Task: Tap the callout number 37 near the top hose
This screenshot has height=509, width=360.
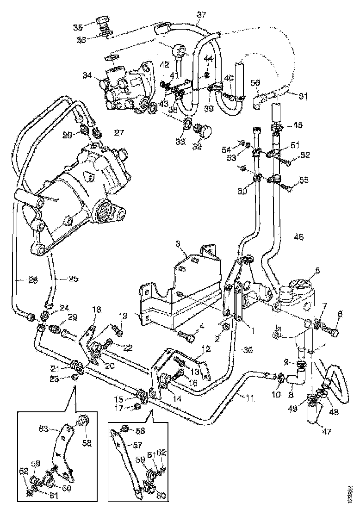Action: pyautogui.click(x=201, y=15)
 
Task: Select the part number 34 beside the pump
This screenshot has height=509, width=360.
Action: pyautogui.click(x=87, y=74)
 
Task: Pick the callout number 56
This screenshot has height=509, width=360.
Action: pyautogui.click(x=255, y=83)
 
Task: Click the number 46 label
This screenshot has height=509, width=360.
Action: pyautogui.click(x=298, y=237)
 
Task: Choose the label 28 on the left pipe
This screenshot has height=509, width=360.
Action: pyautogui.click(x=20, y=280)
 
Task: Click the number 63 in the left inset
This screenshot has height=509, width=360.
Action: pyautogui.click(x=44, y=428)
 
